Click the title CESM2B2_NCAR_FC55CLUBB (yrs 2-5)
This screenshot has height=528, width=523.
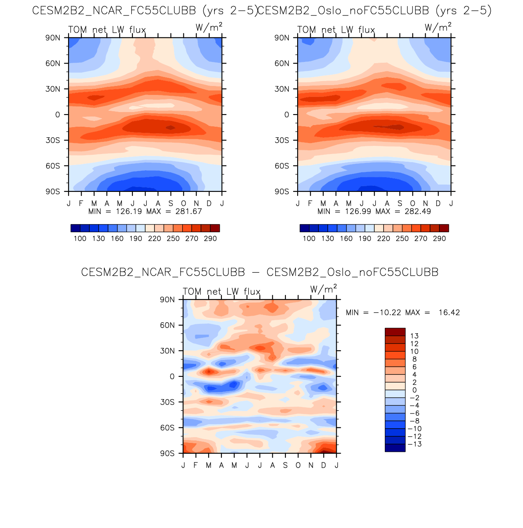[145, 11]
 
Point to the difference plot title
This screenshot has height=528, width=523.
[260, 272]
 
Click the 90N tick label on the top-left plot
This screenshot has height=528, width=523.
[53, 38]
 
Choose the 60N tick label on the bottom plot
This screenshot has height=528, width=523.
[167, 325]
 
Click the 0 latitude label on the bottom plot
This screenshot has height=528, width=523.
[172, 376]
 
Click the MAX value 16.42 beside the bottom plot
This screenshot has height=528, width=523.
[449, 312]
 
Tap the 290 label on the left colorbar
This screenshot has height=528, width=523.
[210, 239]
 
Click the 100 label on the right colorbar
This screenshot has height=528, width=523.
[309, 239]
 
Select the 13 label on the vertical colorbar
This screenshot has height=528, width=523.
[414, 336]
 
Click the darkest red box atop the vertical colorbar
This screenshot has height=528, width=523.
[395, 332]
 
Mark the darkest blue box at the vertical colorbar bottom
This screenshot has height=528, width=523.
[395, 448]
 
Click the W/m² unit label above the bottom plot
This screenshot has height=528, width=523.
[323, 289]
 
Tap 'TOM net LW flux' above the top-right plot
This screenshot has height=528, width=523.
[336, 30]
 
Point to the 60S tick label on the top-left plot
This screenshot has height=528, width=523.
[53, 166]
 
